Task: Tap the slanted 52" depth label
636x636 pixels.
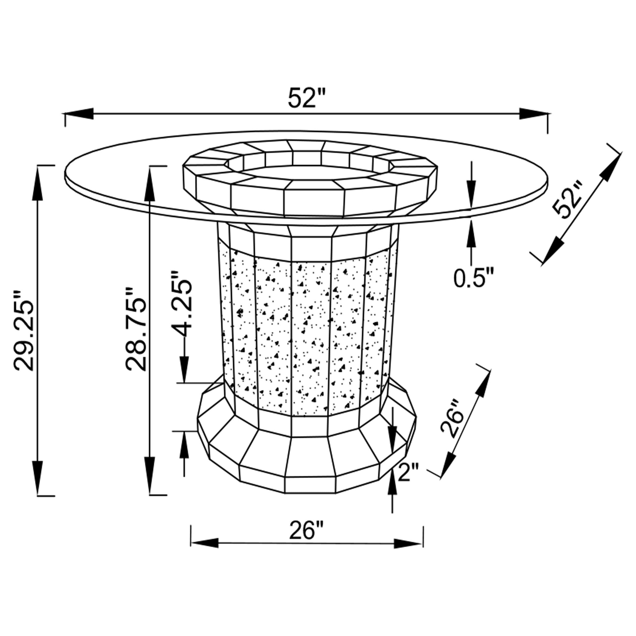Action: coord(569,199)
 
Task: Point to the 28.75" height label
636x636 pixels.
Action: coord(135,329)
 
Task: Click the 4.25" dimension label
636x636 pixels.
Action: coord(181,303)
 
